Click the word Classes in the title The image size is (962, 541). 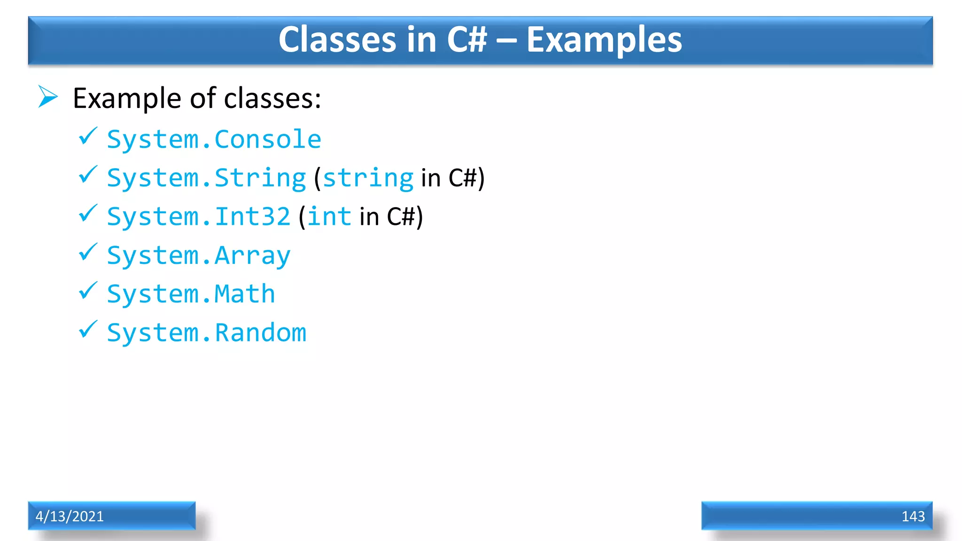(x=337, y=39)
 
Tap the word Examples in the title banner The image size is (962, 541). (x=604, y=39)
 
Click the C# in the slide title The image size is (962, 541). (x=467, y=39)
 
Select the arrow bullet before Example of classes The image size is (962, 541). (x=47, y=97)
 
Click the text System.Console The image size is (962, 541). (x=214, y=139)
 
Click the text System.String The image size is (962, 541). (x=206, y=178)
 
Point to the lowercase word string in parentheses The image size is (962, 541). (x=368, y=178)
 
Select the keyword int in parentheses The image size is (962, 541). (x=329, y=216)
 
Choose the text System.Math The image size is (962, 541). (x=191, y=294)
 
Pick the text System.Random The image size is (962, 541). (x=206, y=332)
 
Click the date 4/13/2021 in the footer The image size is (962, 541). (x=70, y=516)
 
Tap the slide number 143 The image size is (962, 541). (x=913, y=516)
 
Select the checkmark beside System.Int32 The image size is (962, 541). (x=88, y=214)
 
